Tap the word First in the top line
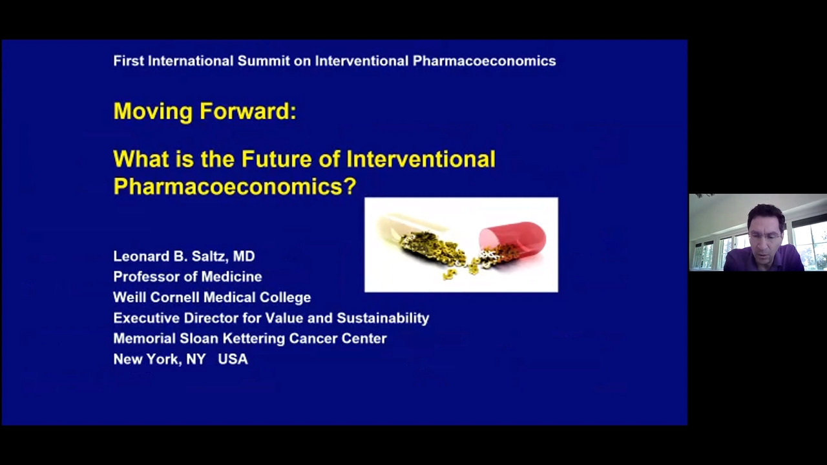pyautogui.click(x=129, y=61)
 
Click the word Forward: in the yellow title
pyautogui.click(x=248, y=110)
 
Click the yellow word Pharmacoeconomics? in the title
pyautogui.click(x=235, y=187)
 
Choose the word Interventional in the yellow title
pyautogui.click(x=421, y=159)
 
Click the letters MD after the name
pyautogui.click(x=244, y=256)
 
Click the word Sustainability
pyautogui.click(x=383, y=318)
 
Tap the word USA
pyautogui.click(x=233, y=360)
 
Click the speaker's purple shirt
pyautogui.click(x=764, y=260)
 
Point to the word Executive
pyautogui.click(x=147, y=318)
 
